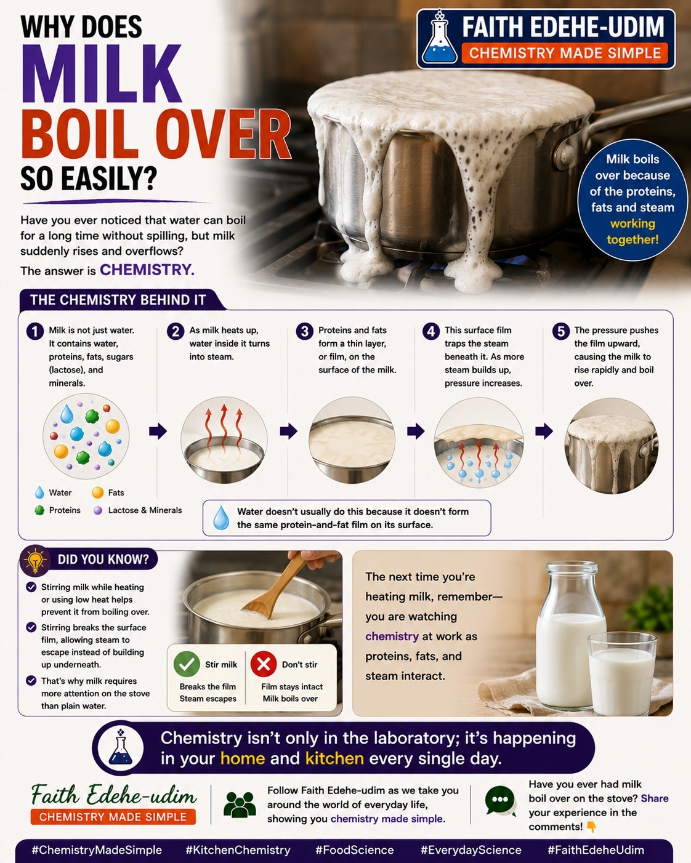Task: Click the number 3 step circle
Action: pos(305,331)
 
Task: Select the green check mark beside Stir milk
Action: pos(187,665)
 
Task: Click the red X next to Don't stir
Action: pos(263,665)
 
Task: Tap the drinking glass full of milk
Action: pos(622,673)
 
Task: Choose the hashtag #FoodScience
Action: pos(355,850)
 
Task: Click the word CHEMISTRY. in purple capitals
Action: pos(147,270)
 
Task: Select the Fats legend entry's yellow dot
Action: pos(97,492)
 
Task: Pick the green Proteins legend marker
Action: pos(39,510)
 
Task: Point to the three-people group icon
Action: pos(240,805)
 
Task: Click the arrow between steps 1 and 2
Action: pos(158,431)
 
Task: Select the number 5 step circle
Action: pos(560,331)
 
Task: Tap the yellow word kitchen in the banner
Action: pos(334,758)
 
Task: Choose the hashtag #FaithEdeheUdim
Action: pos(596,850)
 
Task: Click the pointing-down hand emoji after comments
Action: pos(591,827)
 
